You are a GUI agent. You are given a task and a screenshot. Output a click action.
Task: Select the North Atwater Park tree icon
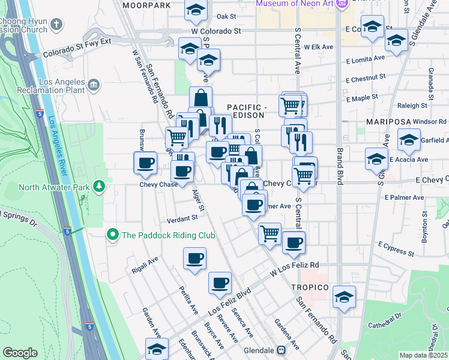click(99, 187)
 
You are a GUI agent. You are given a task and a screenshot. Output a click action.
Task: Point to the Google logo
click(20, 353)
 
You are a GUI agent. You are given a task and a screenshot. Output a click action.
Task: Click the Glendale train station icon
click(280, 350)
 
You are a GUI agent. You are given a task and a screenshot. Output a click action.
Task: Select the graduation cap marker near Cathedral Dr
click(344, 297)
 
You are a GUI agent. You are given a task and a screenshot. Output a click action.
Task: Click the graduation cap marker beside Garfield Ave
click(409, 140)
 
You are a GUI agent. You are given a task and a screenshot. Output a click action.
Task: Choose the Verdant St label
click(182, 218)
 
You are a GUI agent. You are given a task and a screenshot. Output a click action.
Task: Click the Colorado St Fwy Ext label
click(77, 49)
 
